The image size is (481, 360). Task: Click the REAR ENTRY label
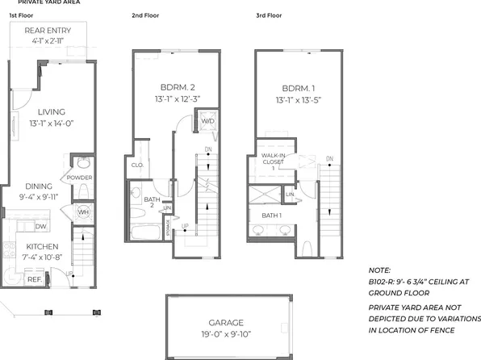coord(40,31)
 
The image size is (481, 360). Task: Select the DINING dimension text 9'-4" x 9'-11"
coord(40,195)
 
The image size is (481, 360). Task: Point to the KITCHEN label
coord(40,247)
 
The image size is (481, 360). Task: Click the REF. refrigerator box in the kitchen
coord(34,279)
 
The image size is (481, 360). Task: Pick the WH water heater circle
coord(82,212)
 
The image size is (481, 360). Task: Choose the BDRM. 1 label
coord(296,86)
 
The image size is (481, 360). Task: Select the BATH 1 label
coord(271,215)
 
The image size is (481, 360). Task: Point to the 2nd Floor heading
coord(144,15)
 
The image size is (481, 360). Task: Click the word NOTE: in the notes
coord(379,270)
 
